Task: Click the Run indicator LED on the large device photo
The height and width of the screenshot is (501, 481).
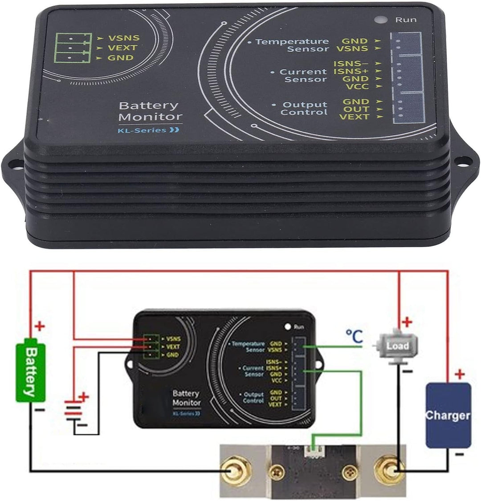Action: pos(380,20)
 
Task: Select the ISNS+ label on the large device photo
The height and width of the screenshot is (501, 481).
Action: pos(351,71)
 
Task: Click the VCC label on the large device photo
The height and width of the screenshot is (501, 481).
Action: pos(357,87)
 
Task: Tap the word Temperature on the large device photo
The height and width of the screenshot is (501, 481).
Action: pos(292,42)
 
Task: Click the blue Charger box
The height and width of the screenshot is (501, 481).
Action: pos(448,415)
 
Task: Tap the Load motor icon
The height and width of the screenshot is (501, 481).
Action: pos(397,346)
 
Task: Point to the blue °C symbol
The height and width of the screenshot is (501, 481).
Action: pos(355,336)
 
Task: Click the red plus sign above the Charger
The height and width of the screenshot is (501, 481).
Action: pos(460,374)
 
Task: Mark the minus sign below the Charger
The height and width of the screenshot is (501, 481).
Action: pos(460,455)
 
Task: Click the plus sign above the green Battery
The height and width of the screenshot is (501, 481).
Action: pos(40,327)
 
